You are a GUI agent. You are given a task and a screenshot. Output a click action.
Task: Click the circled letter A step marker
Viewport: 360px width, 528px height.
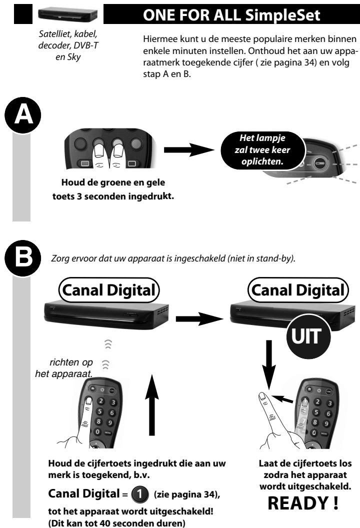pyautogui.click(x=23, y=115)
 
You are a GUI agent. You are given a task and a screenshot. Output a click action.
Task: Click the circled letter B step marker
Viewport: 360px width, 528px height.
pyautogui.click(x=23, y=258)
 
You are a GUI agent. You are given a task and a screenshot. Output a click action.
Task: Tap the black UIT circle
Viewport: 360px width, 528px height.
pyautogui.click(x=308, y=336)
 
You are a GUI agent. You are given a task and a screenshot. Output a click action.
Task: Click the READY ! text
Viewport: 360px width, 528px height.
pyautogui.click(x=303, y=503)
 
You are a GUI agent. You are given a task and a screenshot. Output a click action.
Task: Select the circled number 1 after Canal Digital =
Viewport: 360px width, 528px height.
pyautogui.click(x=139, y=494)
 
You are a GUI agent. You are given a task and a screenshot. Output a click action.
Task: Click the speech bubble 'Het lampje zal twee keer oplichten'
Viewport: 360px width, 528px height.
pyautogui.click(x=262, y=150)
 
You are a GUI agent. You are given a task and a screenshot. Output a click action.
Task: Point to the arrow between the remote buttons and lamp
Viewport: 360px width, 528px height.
pyautogui.click(x=188, y=149)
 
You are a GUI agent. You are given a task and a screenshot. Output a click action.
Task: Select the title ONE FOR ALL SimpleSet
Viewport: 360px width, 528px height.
pyautogui.click(x=231, y=15)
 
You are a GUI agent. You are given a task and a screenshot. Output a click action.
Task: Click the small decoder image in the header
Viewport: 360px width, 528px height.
pyautogui.click(x=67, y=14)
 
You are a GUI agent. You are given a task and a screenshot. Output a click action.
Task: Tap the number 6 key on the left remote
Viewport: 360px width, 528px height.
pyautogui.click(x=111, y=412)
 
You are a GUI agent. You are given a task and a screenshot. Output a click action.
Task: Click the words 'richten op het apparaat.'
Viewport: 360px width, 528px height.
pyautogui.click(x=64, y=368)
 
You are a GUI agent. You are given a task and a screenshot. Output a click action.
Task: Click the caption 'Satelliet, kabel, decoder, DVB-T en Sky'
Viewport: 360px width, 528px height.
pyautogui.click(x=68, y=45)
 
